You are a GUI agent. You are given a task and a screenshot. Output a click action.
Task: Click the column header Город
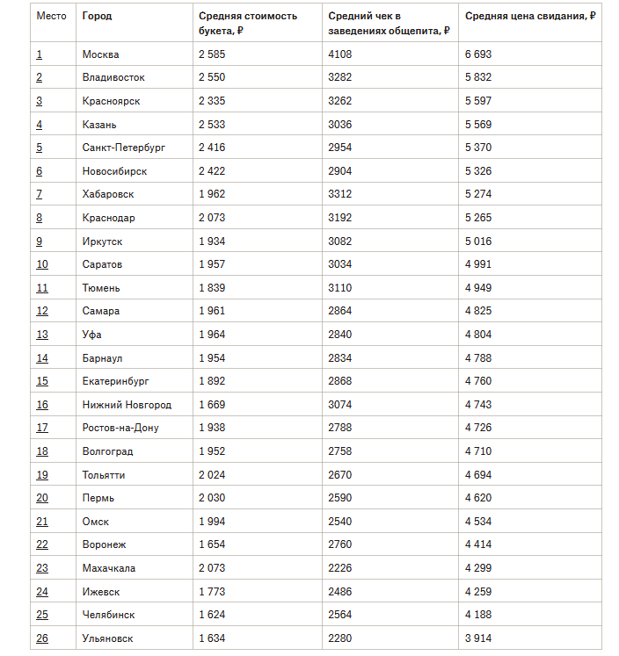coord(97,17)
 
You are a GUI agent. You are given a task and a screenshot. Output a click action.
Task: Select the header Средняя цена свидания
coord(530,17)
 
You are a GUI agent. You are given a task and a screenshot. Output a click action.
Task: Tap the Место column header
coord(51,17)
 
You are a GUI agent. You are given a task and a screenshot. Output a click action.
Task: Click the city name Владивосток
coord(113,77)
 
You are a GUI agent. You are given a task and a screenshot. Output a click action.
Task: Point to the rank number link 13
coord(42,335)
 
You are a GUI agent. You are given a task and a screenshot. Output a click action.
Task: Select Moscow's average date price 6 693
coord(478,54)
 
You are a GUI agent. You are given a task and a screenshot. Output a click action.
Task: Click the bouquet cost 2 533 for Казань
coord(213,125)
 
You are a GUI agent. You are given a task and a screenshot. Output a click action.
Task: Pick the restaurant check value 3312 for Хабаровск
coord(339,194)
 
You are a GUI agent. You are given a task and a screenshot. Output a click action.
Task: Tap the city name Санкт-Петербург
coord(123,148)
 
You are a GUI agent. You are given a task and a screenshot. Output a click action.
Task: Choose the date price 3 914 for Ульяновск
coord(478,638)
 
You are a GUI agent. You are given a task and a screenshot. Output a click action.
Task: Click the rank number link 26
coord(42,638)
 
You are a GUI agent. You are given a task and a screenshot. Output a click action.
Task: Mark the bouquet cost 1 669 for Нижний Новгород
coord(213,405)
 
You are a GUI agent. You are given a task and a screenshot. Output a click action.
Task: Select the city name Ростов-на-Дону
coord(120,428)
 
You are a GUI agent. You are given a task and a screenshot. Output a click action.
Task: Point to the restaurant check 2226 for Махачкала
coord(339,568)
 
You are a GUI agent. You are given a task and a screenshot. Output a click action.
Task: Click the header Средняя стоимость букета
coord(247,23)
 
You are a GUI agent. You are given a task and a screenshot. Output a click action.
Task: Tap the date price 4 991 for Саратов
coord(478,264)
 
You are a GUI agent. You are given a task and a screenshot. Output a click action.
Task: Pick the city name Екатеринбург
coord(116,381)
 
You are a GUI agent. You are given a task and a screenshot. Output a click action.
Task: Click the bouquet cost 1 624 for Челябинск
coord(213,615)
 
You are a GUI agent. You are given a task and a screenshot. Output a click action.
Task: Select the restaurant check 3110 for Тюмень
coord(339,288)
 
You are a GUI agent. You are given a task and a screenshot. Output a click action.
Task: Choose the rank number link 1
coord(40,54)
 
